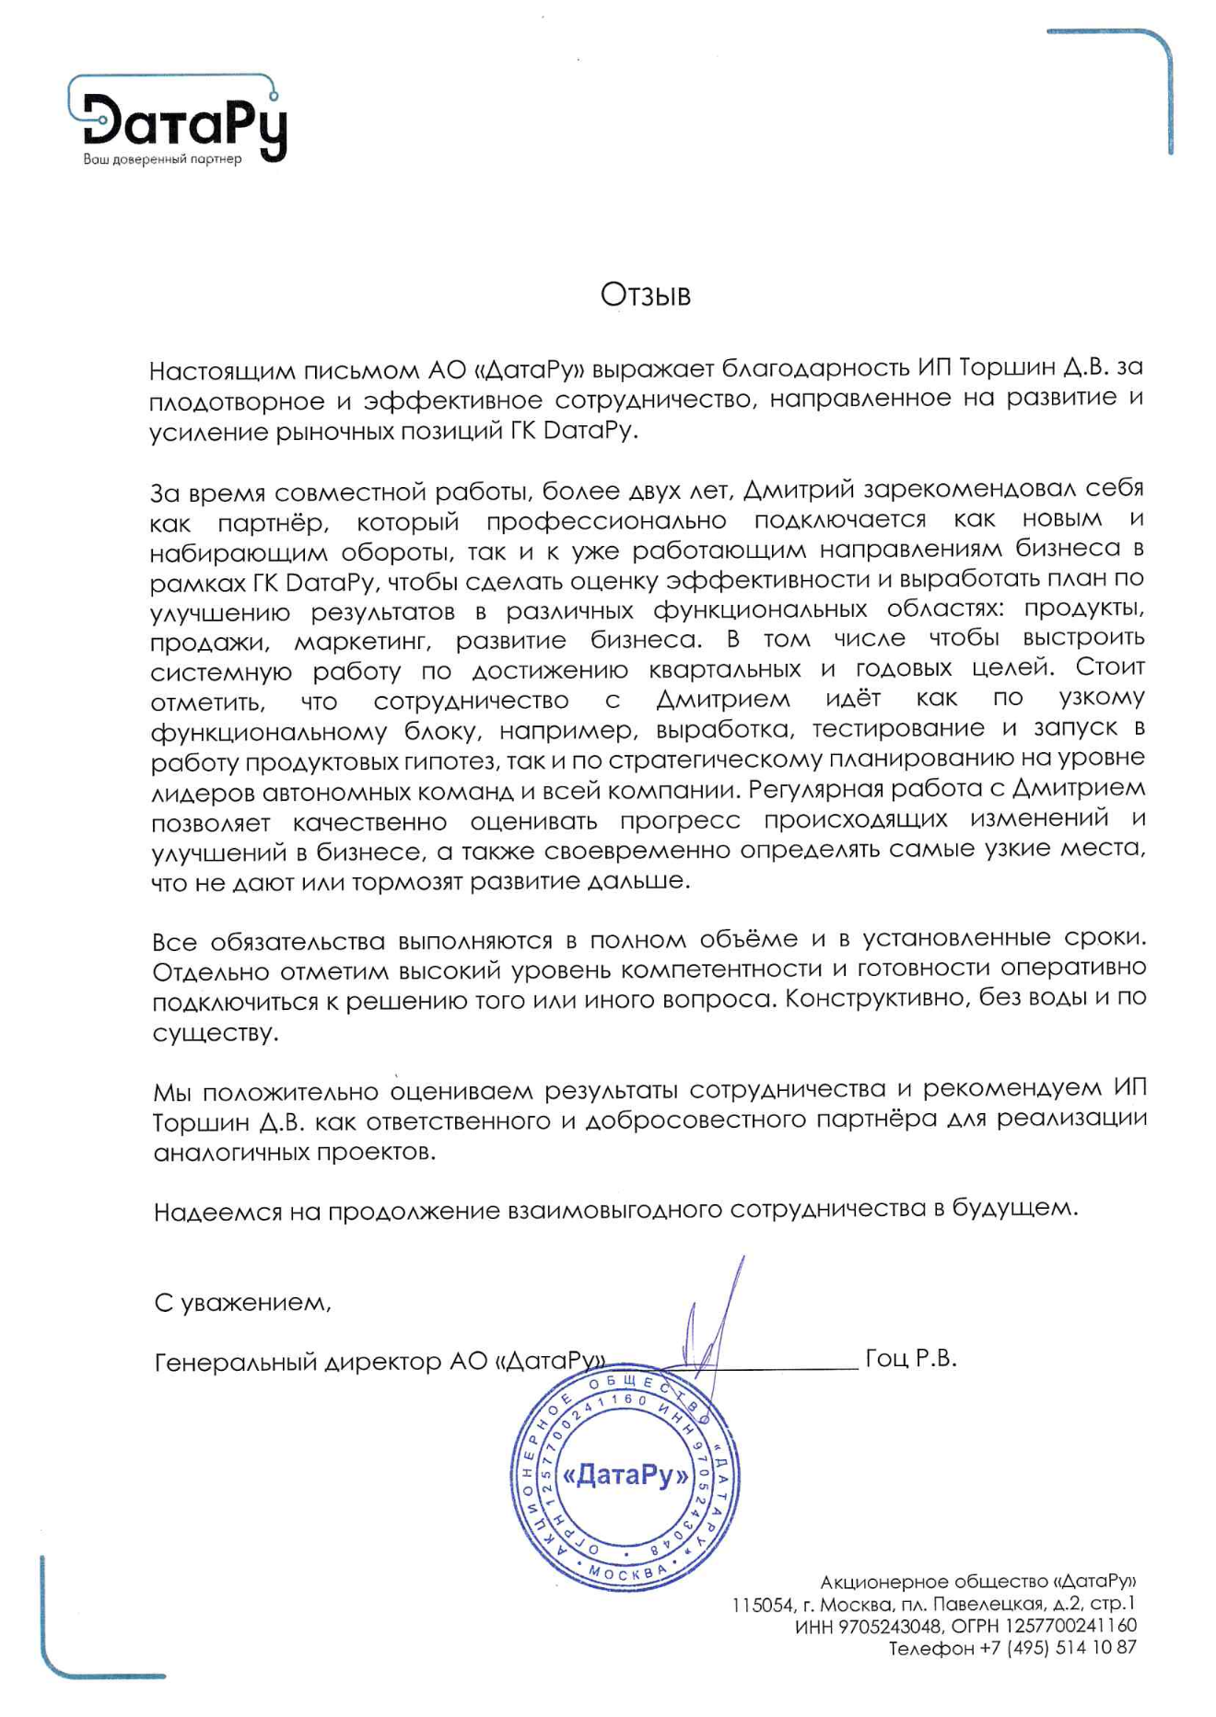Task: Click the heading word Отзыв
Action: (645, 295)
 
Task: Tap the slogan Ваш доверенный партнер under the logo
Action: (162, 159)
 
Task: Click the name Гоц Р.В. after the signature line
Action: (911, 1358)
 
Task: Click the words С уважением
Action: (242, 1303)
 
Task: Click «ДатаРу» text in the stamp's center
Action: (625, 1476)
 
